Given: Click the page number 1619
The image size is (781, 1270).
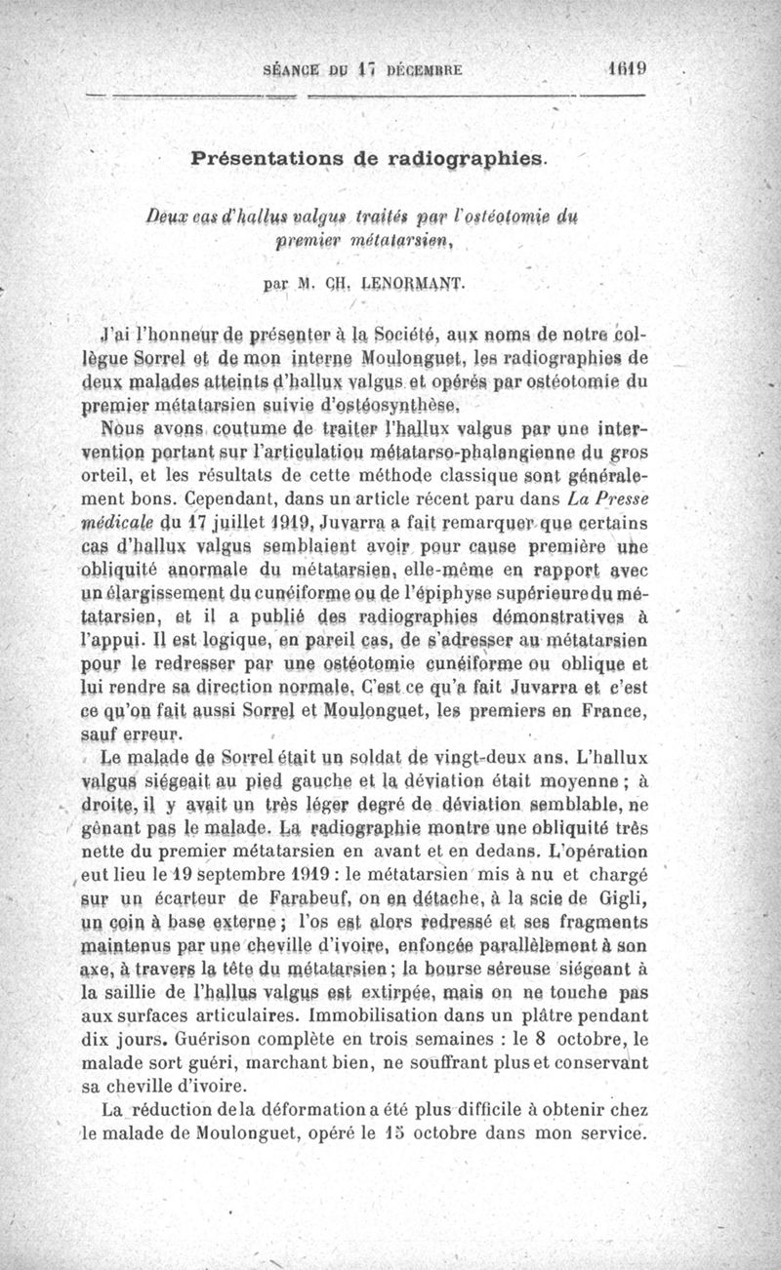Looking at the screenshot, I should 626,69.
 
